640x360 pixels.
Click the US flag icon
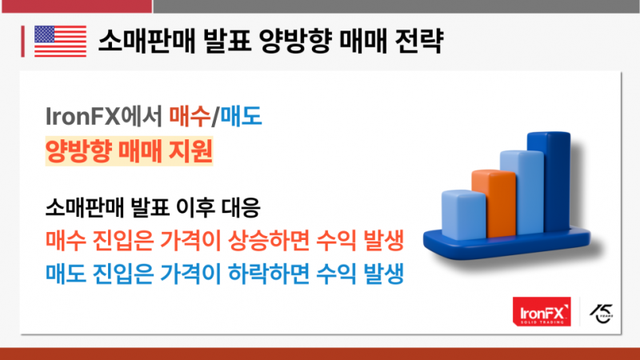coord(61,41)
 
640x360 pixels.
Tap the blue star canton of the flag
coord(45,34)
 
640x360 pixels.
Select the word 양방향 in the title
coord(294,41)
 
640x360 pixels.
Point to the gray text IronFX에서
coord(104,116)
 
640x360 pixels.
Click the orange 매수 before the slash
coord(190,116)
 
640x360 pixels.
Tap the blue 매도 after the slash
coord(241,116)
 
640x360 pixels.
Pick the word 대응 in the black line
coord(242,207)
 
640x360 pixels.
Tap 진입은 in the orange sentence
coord(123,241)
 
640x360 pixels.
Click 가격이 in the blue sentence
coord(190,274)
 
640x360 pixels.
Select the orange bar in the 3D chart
coord(494,203)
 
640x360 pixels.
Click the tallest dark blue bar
coord(550,182)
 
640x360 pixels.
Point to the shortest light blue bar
coord(464,214)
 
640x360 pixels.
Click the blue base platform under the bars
coord(506,245)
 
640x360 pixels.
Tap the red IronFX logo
coord(542,311)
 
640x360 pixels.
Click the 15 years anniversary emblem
coord(602,313)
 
